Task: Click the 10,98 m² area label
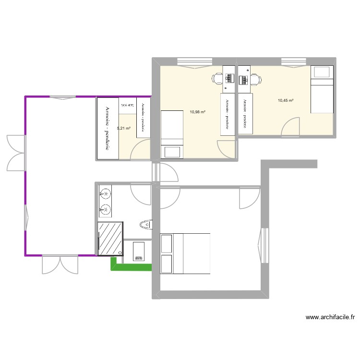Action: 197,112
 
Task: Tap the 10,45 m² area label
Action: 285,100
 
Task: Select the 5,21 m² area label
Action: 124,129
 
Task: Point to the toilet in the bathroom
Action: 145,224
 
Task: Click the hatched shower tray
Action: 110,239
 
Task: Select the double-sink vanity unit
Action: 105,202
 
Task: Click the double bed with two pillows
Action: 185,253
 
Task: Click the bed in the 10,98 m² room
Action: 172,134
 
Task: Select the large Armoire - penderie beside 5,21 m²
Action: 108,129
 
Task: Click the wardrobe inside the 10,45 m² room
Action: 245,112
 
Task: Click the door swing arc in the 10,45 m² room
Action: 291,126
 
